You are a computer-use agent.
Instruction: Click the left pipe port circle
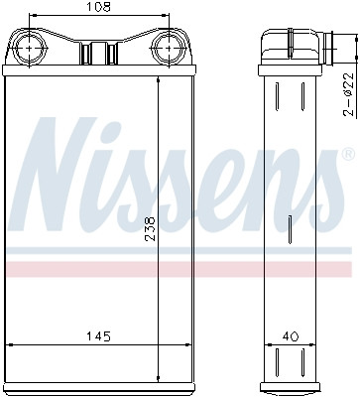(x=31, y=47)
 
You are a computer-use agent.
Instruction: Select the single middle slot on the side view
(x=289, y=234)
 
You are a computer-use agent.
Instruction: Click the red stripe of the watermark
(x=179, y=269)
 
